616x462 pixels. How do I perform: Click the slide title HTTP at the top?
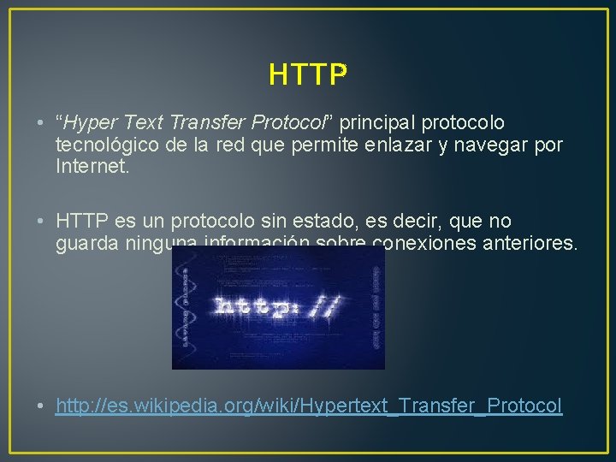pos(308,75)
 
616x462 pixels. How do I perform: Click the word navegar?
pos(506,145)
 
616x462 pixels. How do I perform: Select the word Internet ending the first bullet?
pos(92,166)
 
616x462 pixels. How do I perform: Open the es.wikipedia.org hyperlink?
pos(309,406)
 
